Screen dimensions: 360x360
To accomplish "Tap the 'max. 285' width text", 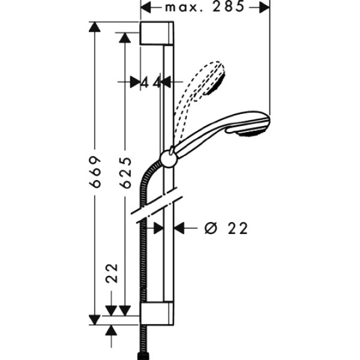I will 204,7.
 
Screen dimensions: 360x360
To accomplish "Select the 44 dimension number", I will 152,83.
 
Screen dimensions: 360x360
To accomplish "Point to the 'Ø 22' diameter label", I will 226,228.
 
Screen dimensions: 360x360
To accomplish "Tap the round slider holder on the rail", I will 168,158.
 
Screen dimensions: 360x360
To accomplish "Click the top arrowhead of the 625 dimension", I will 125,38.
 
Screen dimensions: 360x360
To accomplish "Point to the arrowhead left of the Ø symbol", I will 179,228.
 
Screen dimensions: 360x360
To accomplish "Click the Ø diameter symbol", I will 210,228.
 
